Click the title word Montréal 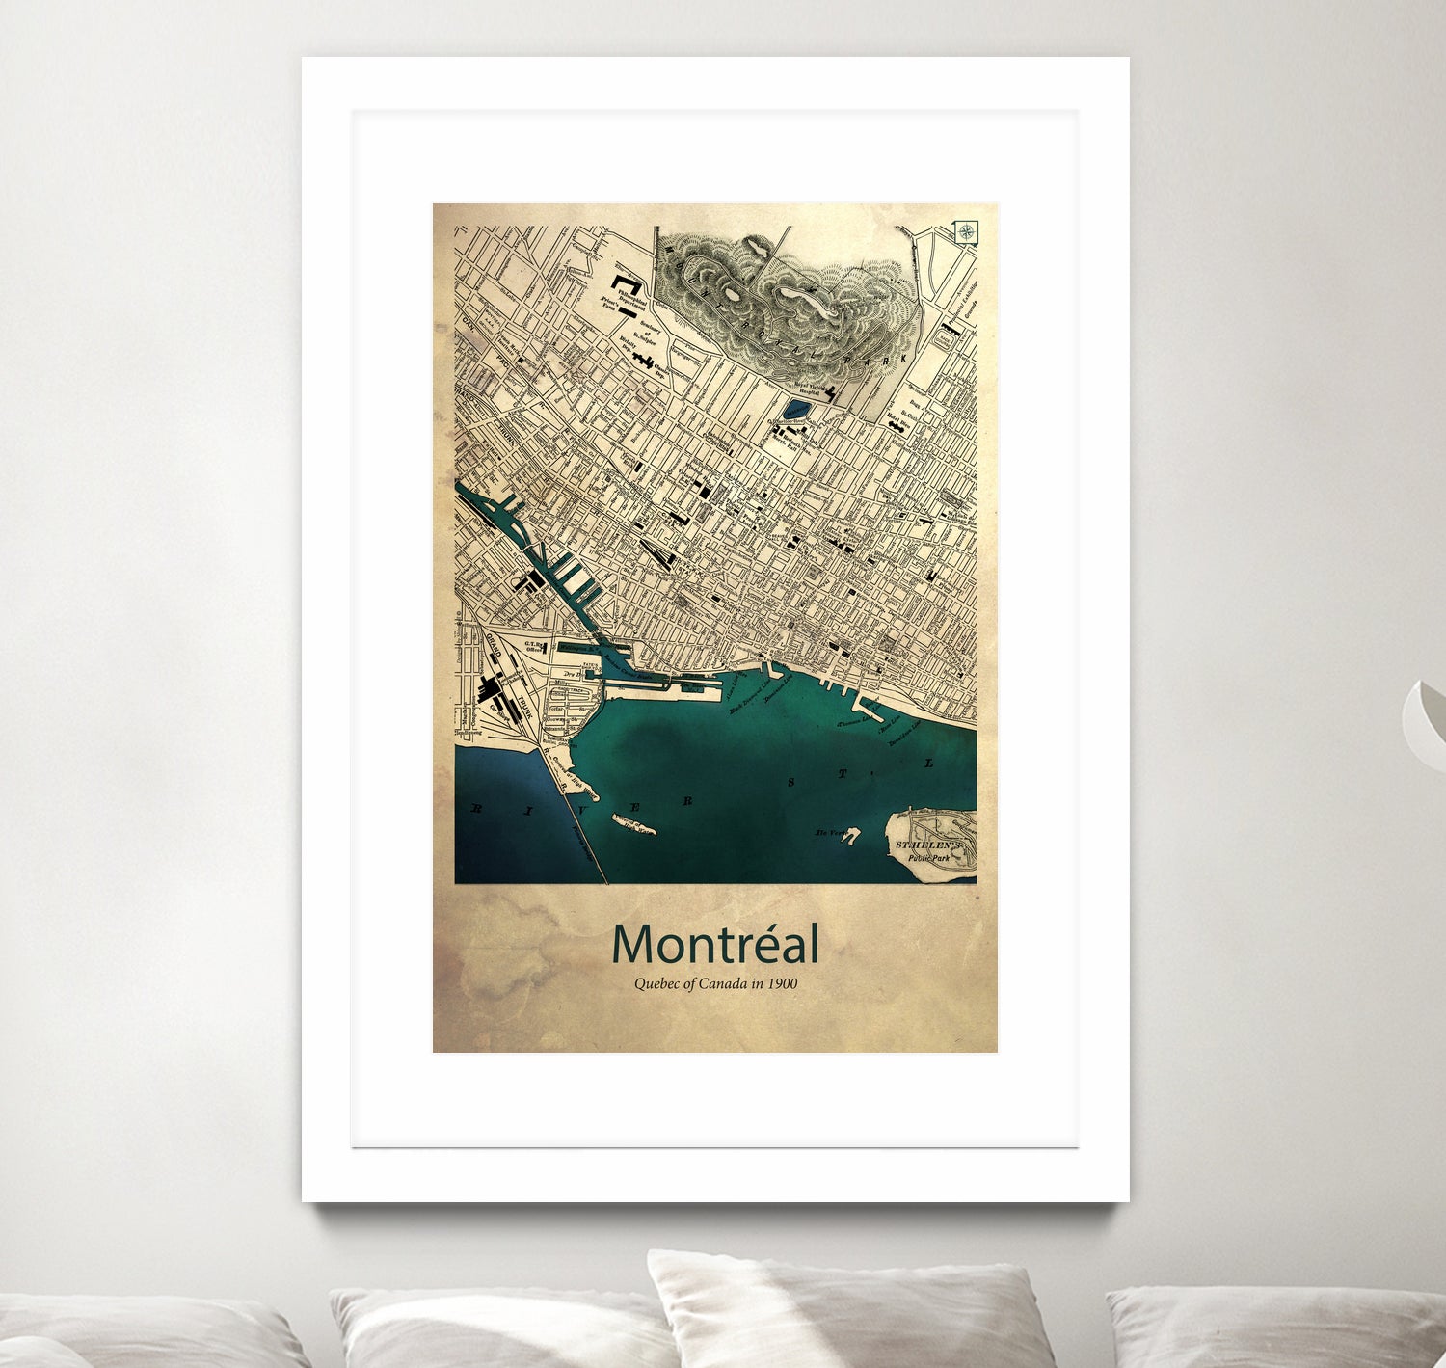[715, 945]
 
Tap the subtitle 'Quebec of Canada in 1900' [715, 984]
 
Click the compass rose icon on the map [966, 231]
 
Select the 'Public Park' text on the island [927, 857]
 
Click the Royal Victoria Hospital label [808, 388]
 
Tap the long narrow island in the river [633, 825]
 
